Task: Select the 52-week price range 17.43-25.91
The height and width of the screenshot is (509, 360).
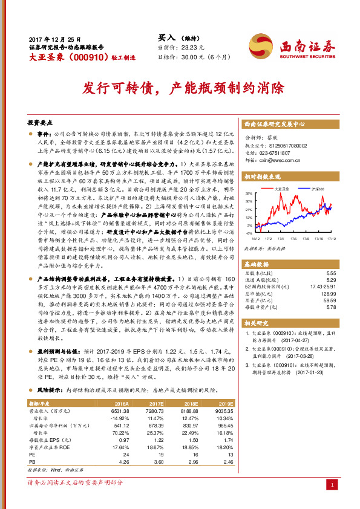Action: coord(322,287)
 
